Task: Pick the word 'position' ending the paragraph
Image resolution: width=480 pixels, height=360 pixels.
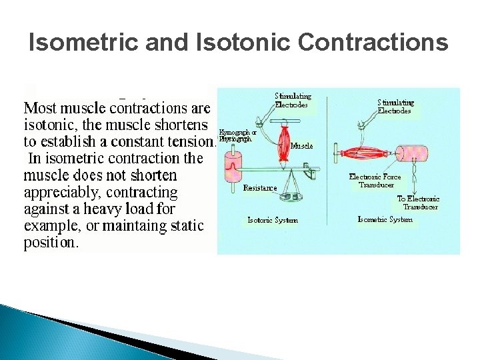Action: (x=51, y=243)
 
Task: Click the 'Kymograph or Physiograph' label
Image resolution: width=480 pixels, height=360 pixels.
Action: (x=237, y=136)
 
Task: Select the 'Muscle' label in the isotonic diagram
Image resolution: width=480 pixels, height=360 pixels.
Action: (x=301, y=145)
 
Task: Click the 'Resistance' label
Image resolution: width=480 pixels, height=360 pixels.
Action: (x=260, y=188)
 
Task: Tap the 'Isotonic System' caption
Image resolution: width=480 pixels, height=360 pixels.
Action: (x=273, y=220)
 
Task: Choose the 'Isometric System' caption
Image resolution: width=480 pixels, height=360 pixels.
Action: (x=385, y=219)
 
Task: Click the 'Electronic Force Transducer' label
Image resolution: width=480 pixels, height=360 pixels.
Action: (x=375, y=181)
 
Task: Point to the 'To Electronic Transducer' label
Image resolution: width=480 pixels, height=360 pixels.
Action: (x=418, y=203)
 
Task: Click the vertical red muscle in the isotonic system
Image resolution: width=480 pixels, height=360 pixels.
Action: (x=282, y=142)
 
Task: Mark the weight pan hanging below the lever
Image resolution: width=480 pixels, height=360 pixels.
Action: (x=289, y=197)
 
